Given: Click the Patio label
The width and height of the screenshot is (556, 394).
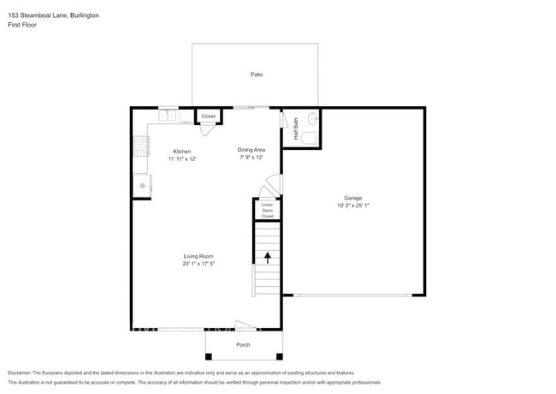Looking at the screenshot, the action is click(x=257, y=75).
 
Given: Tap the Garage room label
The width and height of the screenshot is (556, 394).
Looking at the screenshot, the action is click(x=352, y=198).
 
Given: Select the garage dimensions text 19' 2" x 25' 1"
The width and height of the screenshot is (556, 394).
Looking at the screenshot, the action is click(x=353, y=206).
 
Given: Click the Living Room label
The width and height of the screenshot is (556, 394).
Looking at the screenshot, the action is click(x=198, y=256).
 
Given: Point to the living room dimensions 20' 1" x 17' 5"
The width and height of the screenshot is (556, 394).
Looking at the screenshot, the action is click(x=198, y=264).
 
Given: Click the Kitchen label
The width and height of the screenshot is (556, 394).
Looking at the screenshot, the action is click(x=182, y=152).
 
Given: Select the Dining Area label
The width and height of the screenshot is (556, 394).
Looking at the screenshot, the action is click(x=251, y=150).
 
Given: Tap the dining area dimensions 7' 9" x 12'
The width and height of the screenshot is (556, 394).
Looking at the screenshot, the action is click(x=251, y=158).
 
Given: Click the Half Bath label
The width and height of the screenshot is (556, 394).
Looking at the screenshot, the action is click(x=296, y=128).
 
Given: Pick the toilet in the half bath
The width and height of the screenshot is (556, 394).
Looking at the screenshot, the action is click(x=310, y=137).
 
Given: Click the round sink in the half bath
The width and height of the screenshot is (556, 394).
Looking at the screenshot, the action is click(x=313, y=118).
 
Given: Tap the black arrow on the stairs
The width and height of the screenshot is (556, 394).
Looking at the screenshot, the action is click(x=268, y=258).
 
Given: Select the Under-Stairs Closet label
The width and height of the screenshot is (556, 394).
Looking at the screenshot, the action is click(x=268, y=211).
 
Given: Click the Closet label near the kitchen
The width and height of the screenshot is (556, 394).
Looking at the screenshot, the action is click(x=209, y=116).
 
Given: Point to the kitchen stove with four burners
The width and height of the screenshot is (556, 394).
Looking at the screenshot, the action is click(x=141, y=146).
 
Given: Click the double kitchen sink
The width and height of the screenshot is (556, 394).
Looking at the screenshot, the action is click(x=167, y=116).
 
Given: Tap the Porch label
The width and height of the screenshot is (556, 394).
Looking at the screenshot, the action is click(x=243, y=344).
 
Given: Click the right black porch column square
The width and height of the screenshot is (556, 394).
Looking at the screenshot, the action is click(x=280, y=356).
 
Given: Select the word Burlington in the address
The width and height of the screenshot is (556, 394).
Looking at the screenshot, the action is click(x=85, y=15).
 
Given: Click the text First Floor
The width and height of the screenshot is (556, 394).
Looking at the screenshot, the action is click(x=22, y=25).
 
